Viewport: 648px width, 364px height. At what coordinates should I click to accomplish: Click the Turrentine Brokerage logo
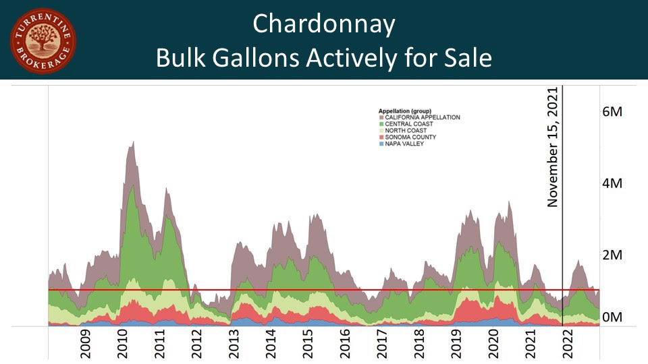pos(43,41)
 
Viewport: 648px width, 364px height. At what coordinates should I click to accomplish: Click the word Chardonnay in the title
pos(323,24)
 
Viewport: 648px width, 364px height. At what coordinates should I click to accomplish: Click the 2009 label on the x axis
pos(87,343)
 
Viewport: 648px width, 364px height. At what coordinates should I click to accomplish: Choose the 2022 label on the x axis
pos(566,343)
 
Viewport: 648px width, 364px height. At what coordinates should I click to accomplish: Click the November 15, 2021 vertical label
pos(554,147)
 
